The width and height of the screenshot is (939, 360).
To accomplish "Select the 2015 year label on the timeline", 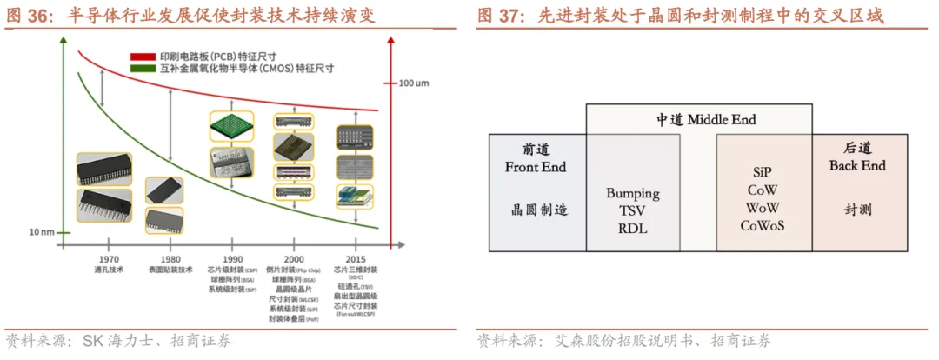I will (x=355, y=260).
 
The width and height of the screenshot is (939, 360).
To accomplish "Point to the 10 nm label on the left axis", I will (x=42, y=232).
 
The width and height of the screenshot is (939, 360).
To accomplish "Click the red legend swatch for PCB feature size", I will (x=143, y=56).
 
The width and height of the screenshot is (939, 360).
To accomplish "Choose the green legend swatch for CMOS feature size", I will (x=143, y=67).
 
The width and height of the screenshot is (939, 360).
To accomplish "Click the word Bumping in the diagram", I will (x=633, y=193).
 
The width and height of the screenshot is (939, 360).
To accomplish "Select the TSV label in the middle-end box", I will (x=633, y=211).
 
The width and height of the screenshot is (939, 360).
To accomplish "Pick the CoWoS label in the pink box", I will (x=763, y=225).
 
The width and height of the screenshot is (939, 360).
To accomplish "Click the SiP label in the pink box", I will (x=763, y=173).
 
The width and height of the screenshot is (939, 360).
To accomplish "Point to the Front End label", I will (x=536, y=167).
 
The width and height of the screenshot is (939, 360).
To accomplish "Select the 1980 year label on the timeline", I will (x=170, y=260).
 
